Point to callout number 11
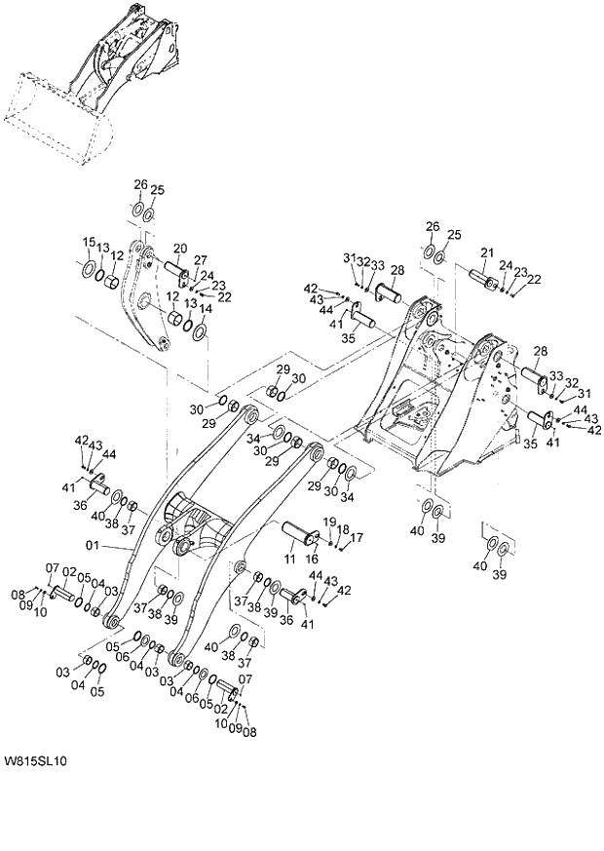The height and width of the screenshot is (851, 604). (289, 558)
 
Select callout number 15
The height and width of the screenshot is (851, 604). (88, 242)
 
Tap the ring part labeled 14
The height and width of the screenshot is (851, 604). (200, 332)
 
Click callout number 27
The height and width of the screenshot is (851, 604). (201, 260)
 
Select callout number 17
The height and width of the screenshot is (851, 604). (357, 537)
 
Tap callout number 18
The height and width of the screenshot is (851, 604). (344, 529)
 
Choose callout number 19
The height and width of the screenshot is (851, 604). (330, 522)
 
